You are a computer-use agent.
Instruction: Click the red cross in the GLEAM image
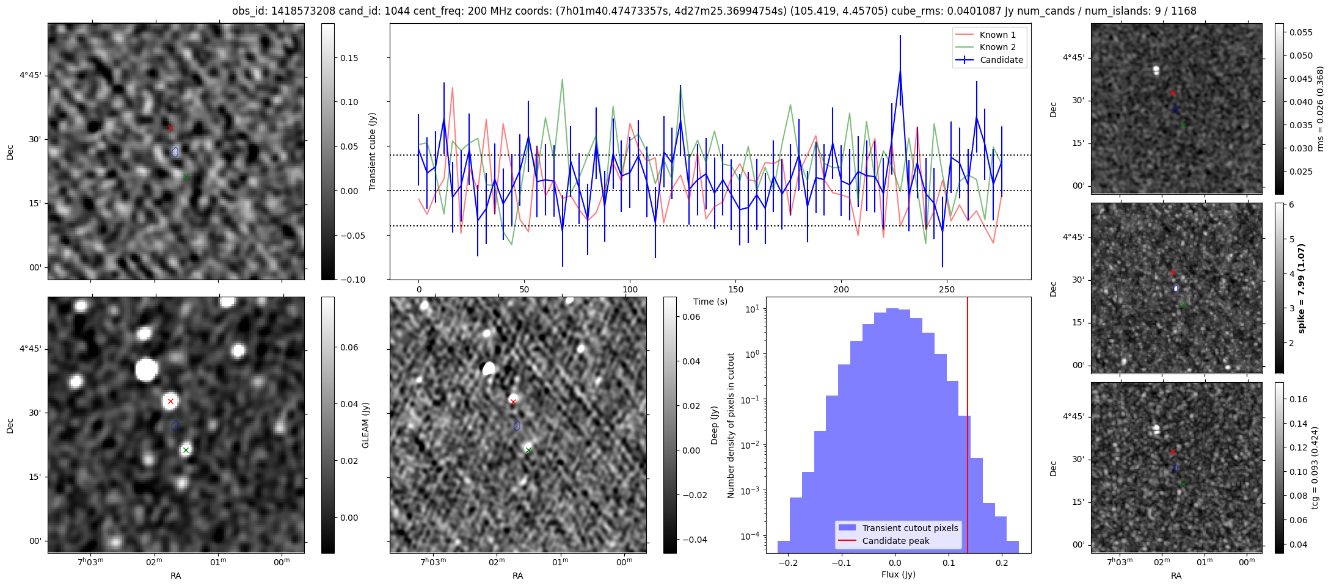pyautogui.click(x=170, y=401)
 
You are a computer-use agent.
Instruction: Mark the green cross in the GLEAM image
pyautogui.click(x=186, y=450)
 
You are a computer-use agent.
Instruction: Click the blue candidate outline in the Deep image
pyautogui.click(x=517, y=425)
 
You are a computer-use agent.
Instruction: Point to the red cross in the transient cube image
pyautogui.click(x=170, y=128)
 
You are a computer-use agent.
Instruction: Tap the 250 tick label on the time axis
pyautogui.click(x=946, y=289)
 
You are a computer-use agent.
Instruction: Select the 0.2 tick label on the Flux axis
pyautogui.click(x=1002, y=562)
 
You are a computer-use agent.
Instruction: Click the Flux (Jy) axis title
pyautogui.click(x=898, y=574)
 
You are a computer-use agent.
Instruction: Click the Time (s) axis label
pyautogui.click(x=710, y=302)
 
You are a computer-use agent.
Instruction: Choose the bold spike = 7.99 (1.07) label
pyautogui.click(x=1301, y=288)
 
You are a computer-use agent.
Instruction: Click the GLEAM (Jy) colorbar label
pyautogui.click(x=365, y=425)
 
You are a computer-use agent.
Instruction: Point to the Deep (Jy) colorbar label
pyautogui.click(x=714, y=425)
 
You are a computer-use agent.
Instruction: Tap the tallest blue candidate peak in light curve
pyautogui.click(x=900, y=71)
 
